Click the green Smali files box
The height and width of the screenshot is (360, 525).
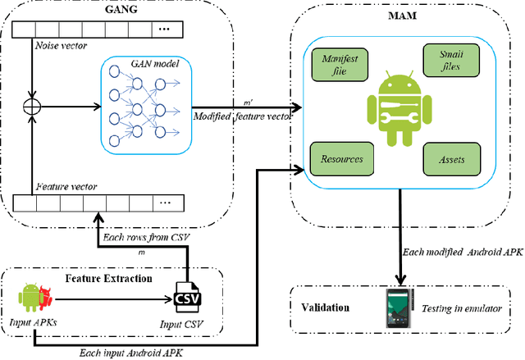445,61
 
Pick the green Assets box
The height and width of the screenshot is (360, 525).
445,157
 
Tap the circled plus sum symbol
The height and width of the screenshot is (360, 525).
33,107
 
